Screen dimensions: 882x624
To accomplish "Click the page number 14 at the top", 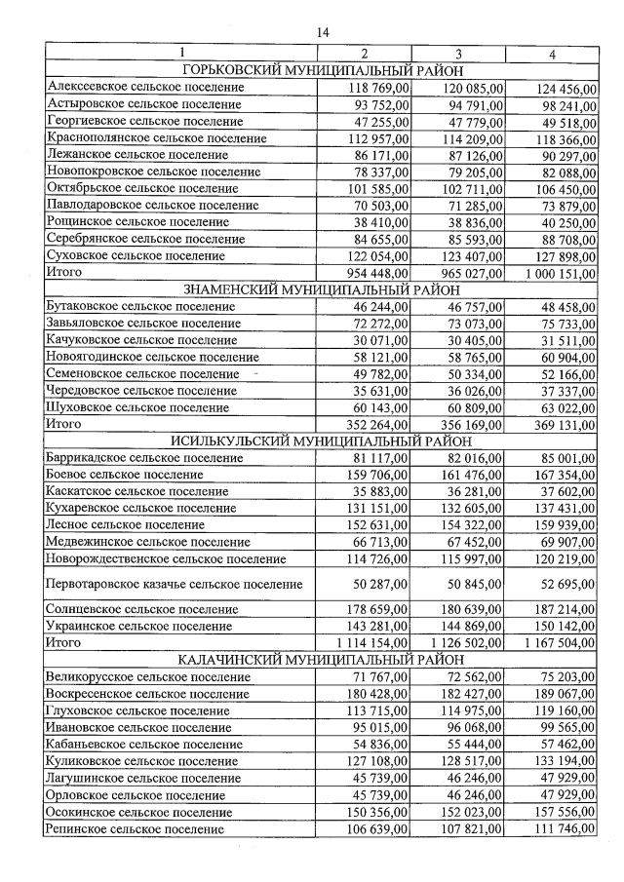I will pyautogui.click(x=323, y=32).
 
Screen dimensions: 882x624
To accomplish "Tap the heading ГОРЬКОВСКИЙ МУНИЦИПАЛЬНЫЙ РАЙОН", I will pyautogui.click(x=322, y=70).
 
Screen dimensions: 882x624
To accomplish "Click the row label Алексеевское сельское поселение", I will pyautogui.click(x=145, y=88).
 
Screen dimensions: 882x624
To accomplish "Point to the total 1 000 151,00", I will pyautogui.click(x=560, y=274).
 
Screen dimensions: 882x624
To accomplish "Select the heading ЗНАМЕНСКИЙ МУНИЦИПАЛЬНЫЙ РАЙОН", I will pyautogui.click(x=322, y=289).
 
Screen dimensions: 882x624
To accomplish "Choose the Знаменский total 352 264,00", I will pyautogui.click(x=378, y=424).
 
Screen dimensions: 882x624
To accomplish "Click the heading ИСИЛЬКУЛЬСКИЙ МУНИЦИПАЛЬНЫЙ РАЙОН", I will pyautogui.click(x=322, y=441).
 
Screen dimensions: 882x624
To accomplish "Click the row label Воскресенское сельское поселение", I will pyautogui.click(x=146, y=694).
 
